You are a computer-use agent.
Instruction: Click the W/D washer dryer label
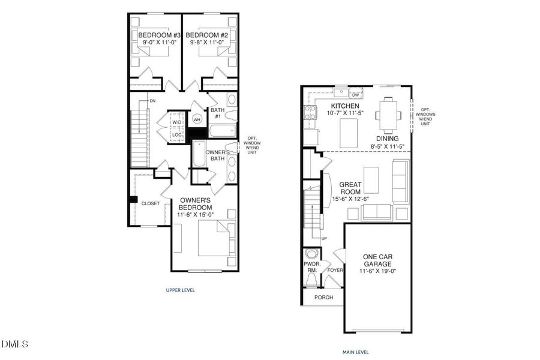pyautogui.click(x=176, y=123)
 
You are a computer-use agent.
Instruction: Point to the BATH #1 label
pyautogui.click(x=217, y=113)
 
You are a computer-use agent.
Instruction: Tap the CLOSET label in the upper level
pyautogui.click(x=150, y=203)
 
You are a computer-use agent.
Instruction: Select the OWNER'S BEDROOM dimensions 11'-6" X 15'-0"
pyautogui.click(x=194, y=214)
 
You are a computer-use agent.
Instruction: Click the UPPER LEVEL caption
pyautogui.click(x=181, y=290)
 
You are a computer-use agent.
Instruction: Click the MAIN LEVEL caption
pyautogui.click(x=356, y=352)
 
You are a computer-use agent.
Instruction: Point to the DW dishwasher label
pyautogui.click(x=355, y=95)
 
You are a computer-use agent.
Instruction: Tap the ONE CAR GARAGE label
pyautogui.click(x=378, y=260)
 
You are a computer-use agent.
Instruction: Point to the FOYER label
pyautogui.click(x=334, y=271)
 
